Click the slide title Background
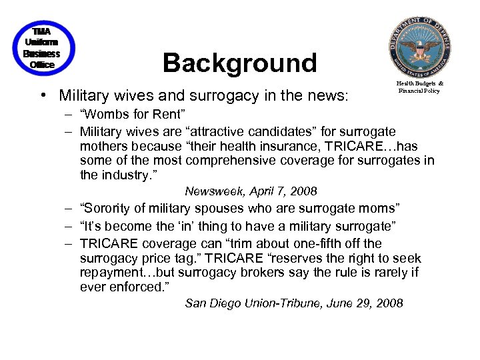pos(239,63)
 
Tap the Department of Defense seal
pos(420,47)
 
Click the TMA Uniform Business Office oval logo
pos(42,48)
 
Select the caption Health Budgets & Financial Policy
pos(419,87)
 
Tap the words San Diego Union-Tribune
pos(255,303)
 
